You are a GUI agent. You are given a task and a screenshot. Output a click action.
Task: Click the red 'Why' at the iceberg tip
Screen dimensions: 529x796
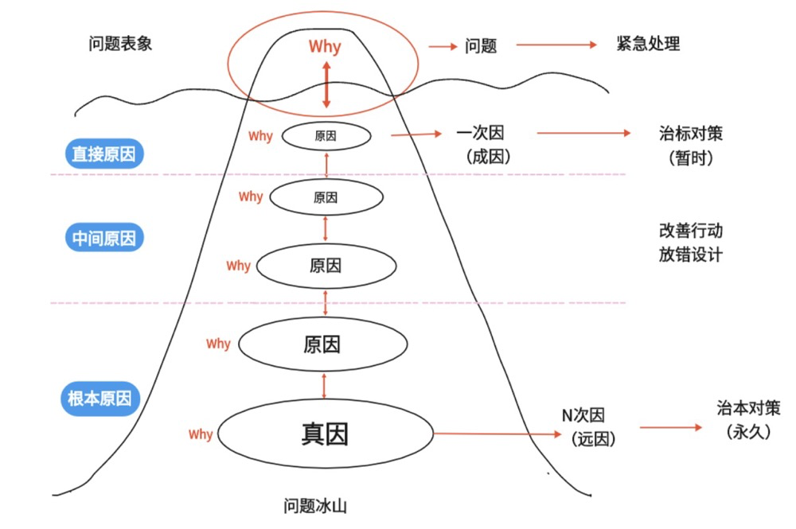[x=325, y=46]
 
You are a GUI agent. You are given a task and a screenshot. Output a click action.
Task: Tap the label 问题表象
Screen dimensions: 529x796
[x=120, y=44]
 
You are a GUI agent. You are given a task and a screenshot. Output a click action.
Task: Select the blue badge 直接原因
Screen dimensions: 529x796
[x=103, y=154]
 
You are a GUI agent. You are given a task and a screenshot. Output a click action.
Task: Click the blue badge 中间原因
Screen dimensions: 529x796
[x=103, y=238]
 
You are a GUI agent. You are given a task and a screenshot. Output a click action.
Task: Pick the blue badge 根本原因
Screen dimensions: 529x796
[x=99, y=399]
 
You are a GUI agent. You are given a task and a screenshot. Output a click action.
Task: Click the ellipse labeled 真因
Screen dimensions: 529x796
[x=325, y=434]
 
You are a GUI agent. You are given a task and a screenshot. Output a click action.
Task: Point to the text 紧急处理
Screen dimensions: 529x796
[x=648, y=44]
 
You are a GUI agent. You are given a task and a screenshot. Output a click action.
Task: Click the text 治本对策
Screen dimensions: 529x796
[x=748, y=409]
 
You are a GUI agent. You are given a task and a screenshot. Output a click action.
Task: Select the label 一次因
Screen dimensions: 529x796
[x=480, y=133]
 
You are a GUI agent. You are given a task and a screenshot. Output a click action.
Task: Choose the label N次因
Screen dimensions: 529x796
[x=583, y=415]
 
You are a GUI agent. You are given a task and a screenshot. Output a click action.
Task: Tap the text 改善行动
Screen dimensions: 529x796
[x=690, y=231]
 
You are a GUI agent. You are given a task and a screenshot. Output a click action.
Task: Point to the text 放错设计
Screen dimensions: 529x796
[x=690, y=255]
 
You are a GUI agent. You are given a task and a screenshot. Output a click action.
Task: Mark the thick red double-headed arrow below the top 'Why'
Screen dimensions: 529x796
[x=326, y=84]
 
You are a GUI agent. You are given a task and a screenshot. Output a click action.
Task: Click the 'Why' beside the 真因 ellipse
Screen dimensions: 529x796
[x=201, y=434]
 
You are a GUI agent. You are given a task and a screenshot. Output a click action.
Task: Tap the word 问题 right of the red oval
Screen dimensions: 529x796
[x=481, y=46]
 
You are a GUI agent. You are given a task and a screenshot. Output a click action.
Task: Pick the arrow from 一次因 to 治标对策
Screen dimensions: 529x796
[x=583, y=134]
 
